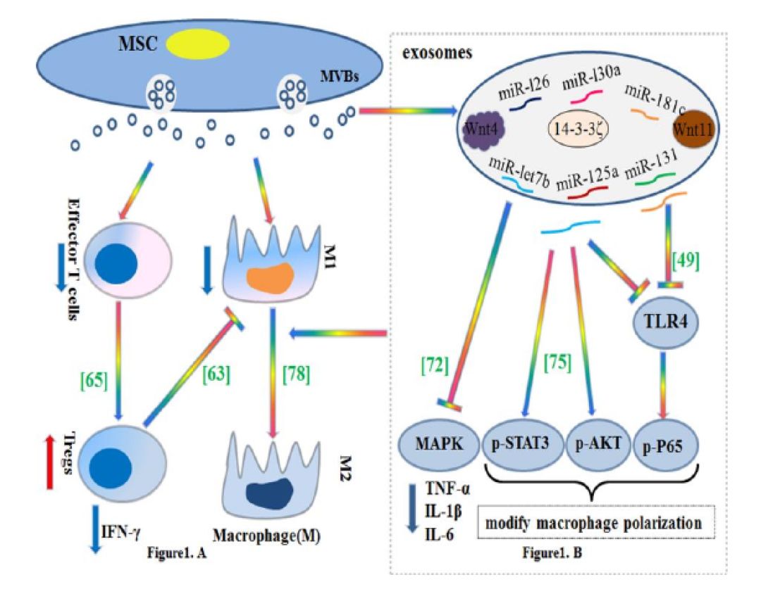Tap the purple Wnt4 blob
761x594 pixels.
tap(482, 130)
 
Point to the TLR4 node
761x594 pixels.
tap(660, 317)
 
